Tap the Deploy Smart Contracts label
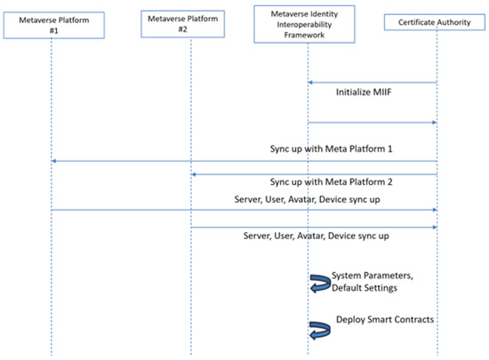[385, 319]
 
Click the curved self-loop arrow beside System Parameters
[319, 283]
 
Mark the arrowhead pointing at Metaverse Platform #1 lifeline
[55, 160]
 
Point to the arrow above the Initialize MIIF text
[373, 83]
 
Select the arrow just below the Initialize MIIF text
[373, 123]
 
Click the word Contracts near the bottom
[413, 319]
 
